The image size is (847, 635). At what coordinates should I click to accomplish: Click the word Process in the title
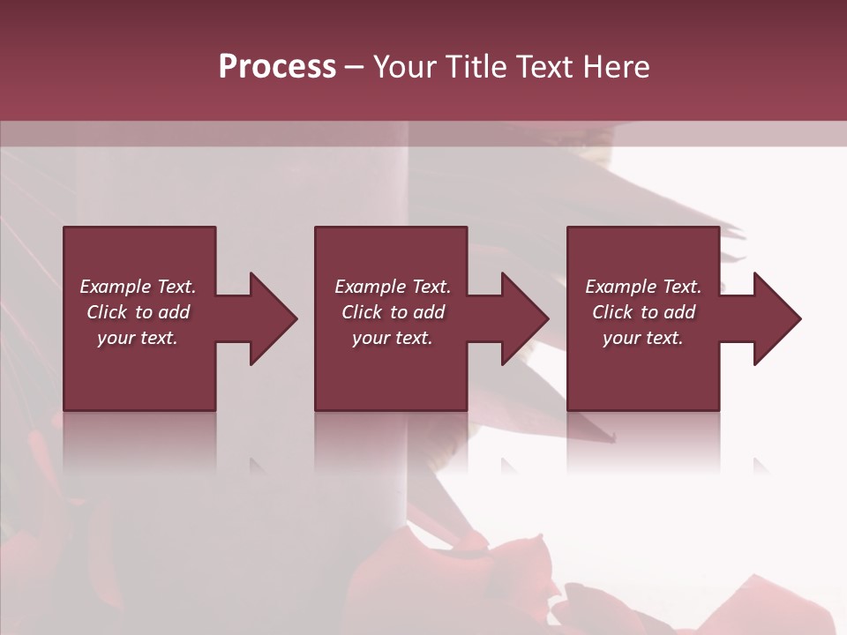pyautogui.click(x=277, y=66)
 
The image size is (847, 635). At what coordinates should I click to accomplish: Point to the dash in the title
pyautogui.click(x=355, y=68)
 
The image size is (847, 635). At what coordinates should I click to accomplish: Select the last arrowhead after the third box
pyautogui.click(x=776, y=318)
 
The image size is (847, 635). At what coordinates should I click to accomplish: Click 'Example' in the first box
pyautogui.click(x=115, y=287)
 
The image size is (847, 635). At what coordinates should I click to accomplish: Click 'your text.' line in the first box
pyautogui.click(x=138, y=338)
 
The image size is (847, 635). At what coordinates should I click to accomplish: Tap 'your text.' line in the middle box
pyautogui.click(x=392, y=338)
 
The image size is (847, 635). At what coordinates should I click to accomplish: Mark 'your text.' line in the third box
pyautogui.click(x=642, y=338)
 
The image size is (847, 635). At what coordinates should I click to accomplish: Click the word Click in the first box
pyautogui.click(x=107, y=312)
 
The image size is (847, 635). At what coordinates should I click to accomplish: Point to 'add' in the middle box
pyautogui.click(x=429, y=312)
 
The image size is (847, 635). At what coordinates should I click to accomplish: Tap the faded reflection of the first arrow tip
pyautogui.click(x=258, y=465)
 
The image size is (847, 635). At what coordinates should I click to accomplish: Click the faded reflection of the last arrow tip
pyautogui.click(x=761, y=465)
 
